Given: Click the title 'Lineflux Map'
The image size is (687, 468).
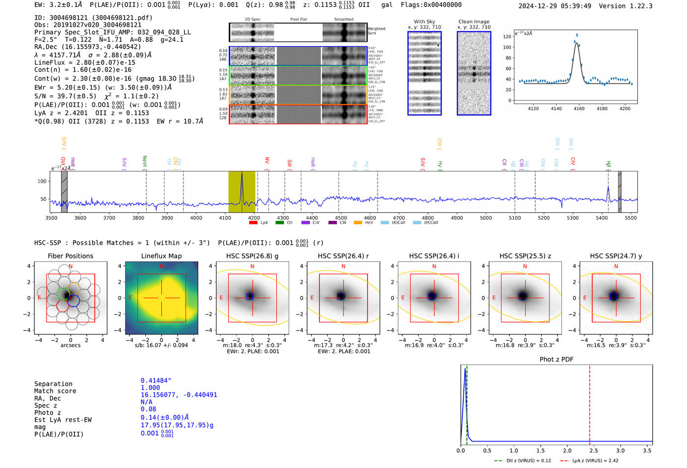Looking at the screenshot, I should coord(161,256).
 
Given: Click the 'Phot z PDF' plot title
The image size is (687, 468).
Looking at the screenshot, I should coord(556,359).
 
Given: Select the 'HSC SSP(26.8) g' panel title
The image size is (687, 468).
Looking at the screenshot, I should coord(252,256).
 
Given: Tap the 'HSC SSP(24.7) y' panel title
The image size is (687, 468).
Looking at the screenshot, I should coord(616,256).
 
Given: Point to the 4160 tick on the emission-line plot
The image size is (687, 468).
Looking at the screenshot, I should coord(579,109).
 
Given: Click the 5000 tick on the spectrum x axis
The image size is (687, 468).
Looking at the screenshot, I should coord(486,218).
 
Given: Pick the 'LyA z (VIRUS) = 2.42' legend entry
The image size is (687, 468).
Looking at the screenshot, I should coord(595,461).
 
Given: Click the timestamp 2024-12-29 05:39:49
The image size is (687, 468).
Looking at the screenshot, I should coord(555,6).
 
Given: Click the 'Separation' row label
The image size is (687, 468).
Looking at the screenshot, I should coord(53,384).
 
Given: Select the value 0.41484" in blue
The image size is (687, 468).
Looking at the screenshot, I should coord(156,381).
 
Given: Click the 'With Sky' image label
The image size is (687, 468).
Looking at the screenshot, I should coord(424,22).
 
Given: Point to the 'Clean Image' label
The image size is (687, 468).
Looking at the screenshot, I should coord(474,22).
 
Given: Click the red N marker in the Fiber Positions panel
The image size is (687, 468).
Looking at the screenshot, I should coord(71,267).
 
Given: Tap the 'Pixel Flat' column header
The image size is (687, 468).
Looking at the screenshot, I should coord(298,20).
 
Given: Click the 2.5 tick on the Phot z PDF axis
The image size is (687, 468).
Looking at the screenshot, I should coord(593,450).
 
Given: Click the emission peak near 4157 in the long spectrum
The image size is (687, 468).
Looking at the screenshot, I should coord(241,175).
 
